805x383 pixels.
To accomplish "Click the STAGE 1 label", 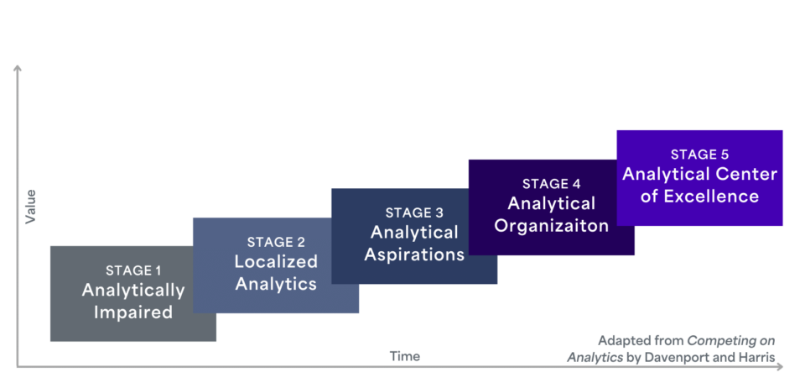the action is click(133, 270).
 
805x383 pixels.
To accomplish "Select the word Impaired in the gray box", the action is click(133, 312).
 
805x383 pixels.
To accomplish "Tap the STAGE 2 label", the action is click(276, 242).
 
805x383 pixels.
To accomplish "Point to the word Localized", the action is click(276, 262).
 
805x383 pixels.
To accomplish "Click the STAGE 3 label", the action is click(414, 212).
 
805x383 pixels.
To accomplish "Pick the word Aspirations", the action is click(414, 254).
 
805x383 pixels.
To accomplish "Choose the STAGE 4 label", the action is click(552, 184).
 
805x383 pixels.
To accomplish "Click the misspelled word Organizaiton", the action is click(552, 226).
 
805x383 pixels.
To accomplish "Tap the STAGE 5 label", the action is click(699, 155).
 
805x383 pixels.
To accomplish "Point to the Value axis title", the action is click(31, 207).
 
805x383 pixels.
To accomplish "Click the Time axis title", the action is click(404, 356).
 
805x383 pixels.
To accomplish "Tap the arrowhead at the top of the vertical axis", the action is click(18, 68).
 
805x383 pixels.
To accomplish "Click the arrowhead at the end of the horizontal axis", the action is click(780, 366).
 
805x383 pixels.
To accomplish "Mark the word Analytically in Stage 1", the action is click(133, 291).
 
